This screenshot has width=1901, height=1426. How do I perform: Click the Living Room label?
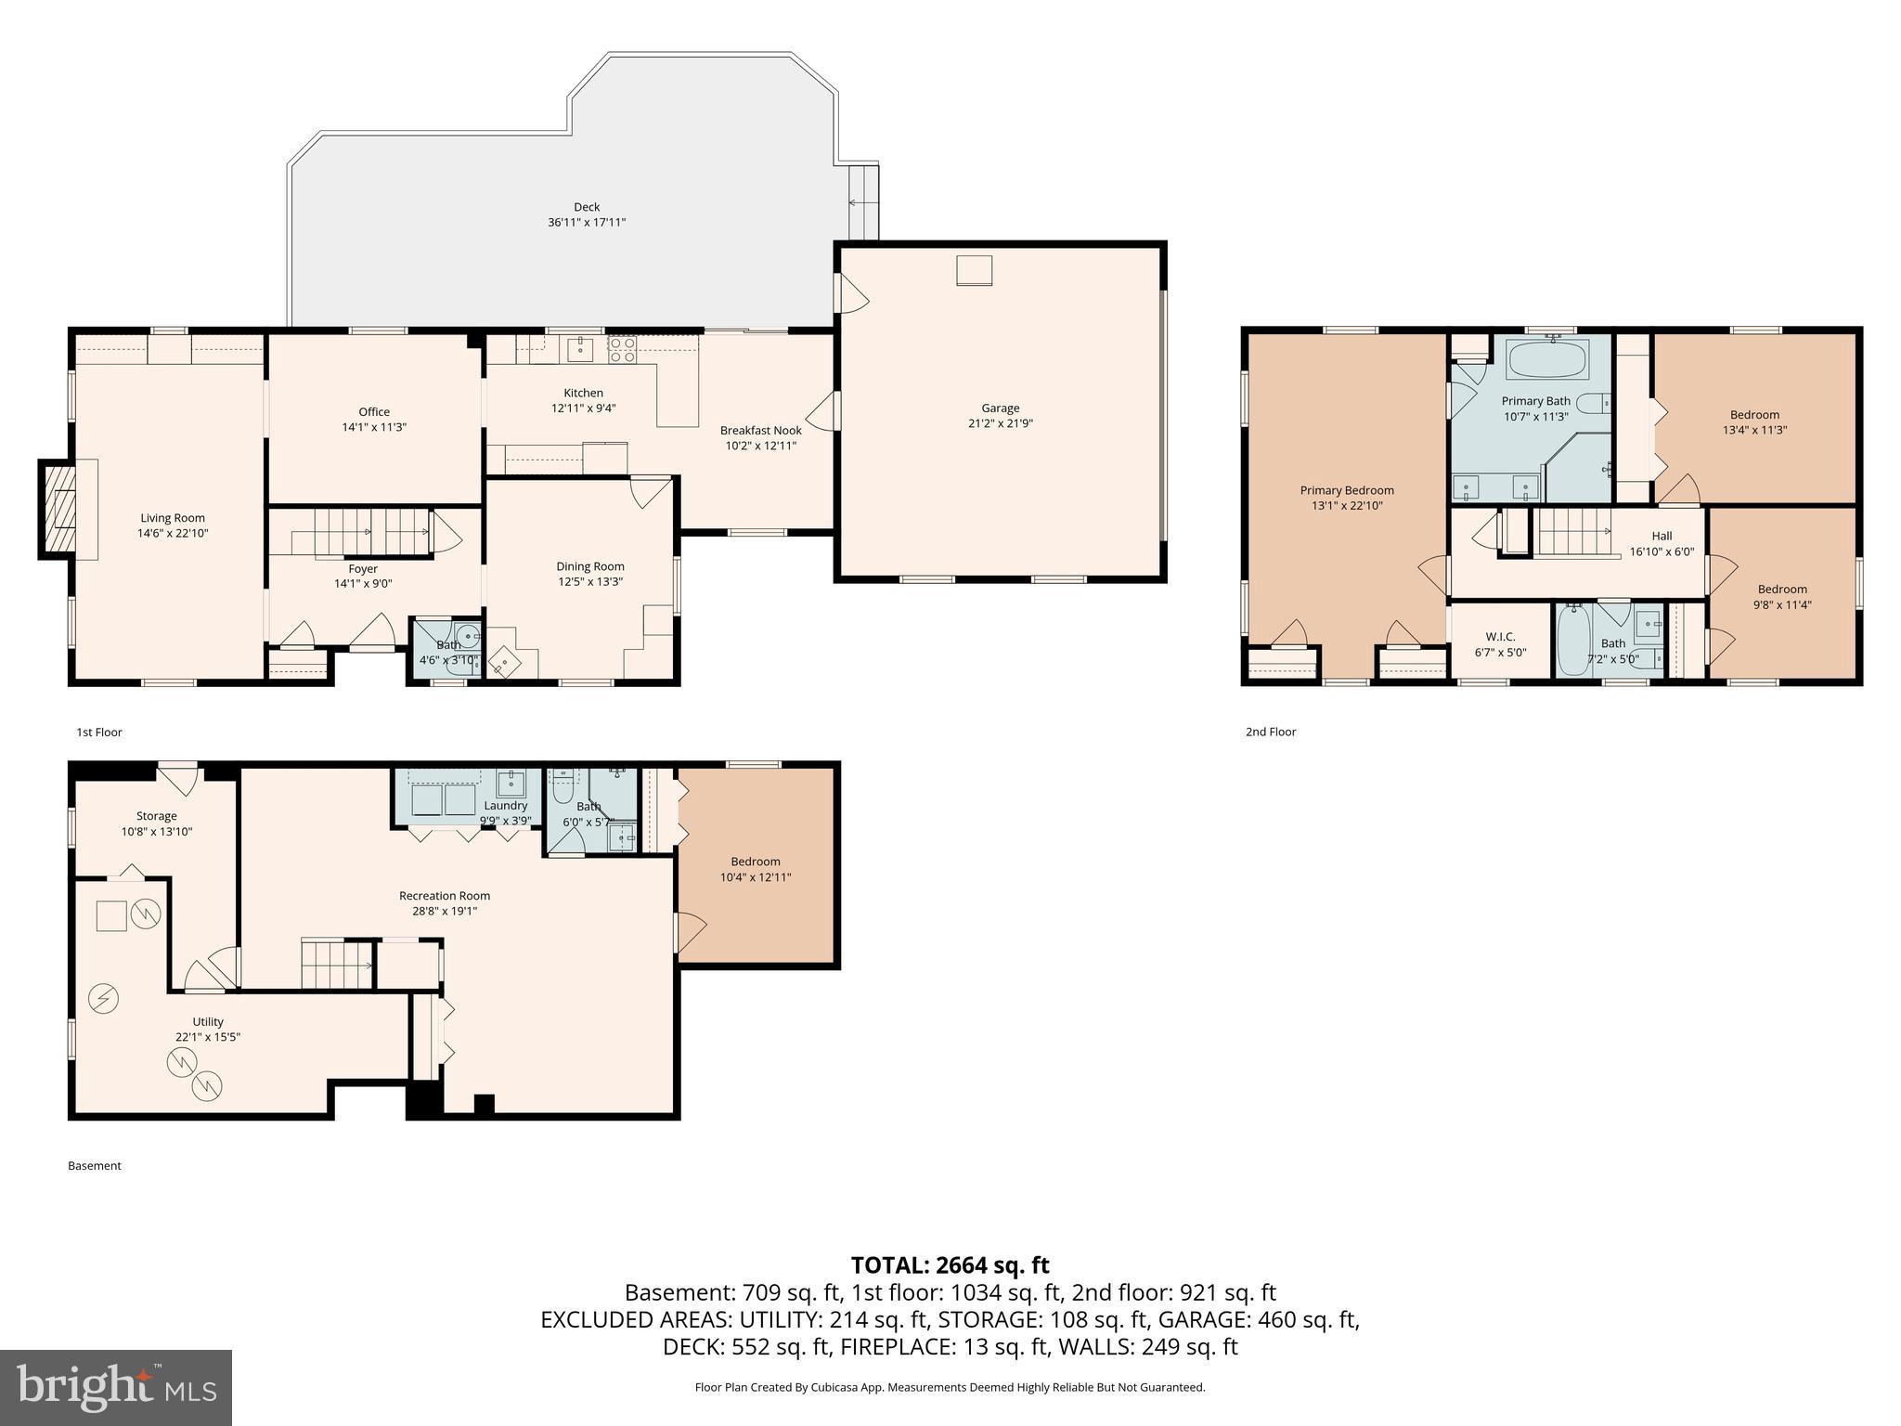click(x=173, y=518)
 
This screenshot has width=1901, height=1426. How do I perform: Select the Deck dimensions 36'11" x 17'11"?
click(x=587, y=223)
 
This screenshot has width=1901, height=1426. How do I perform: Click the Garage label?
click(x=1000, y=408)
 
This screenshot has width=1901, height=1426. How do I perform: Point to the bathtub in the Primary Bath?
click(x=1548, y=359)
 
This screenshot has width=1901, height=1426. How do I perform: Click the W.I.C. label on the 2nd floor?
click(x=1500, y=636)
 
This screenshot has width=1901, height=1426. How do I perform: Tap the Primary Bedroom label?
click(x=1346, y=490)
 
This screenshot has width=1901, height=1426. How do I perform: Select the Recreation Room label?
click(x=444, y=896)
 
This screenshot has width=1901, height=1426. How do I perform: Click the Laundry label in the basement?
click(x=505, y=806)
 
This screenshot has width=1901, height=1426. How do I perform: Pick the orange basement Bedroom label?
click(x=755, y=862)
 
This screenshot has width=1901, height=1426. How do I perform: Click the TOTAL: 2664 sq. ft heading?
click(x=950, y=1264)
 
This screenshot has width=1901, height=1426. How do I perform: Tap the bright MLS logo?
click(x=116, y=1387)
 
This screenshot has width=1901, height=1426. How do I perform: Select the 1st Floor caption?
click(x=98, y=732)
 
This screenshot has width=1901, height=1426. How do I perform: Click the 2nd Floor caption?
click(x=1270, y=732)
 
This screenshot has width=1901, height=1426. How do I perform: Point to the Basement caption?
click(x=94, y=1165)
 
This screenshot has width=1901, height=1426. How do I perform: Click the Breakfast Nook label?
click(x=760, y=430)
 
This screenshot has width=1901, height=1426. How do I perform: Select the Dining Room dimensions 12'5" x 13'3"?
click(x=589, y=582)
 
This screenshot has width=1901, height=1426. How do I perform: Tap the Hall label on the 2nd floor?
click(x=1662, y=536)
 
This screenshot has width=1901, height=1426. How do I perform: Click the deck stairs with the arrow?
click(x=864, y=201)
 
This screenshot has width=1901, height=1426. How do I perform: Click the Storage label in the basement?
click(x=156, y=816)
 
